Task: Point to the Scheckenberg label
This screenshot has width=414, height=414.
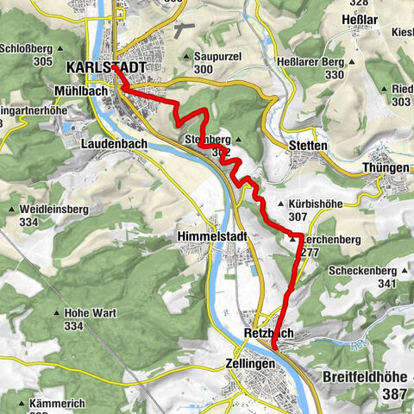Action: coord(362,271)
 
